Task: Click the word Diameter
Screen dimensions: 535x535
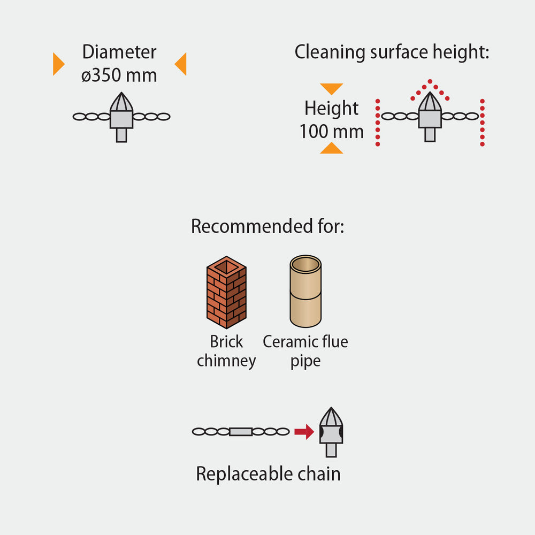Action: click(x=119, y=52)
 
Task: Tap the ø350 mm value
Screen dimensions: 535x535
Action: click(x=119, y=75)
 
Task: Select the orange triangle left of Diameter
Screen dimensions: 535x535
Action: click(x=58, y=64)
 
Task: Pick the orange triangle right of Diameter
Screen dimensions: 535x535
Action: click(x=181, y=64)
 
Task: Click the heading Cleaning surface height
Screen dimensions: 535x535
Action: click(x=392, y=52)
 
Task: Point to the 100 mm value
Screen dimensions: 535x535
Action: click(x=331, y=131)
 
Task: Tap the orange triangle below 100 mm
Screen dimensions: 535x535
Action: click(x=331, y=148)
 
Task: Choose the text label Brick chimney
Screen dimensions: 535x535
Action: click(x=226, y=351)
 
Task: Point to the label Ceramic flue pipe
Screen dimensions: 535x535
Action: click(x=305, y=351)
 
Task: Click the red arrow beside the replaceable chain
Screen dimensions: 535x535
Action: click(x=304, y=431)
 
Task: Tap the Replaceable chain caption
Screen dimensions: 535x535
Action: click(x=268, y=474)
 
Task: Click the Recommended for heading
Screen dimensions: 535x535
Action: click(x=267, y=226)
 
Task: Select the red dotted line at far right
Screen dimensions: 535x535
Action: click(x=483, y=123)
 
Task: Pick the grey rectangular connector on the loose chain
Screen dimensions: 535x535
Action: click(x=240, y=431)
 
